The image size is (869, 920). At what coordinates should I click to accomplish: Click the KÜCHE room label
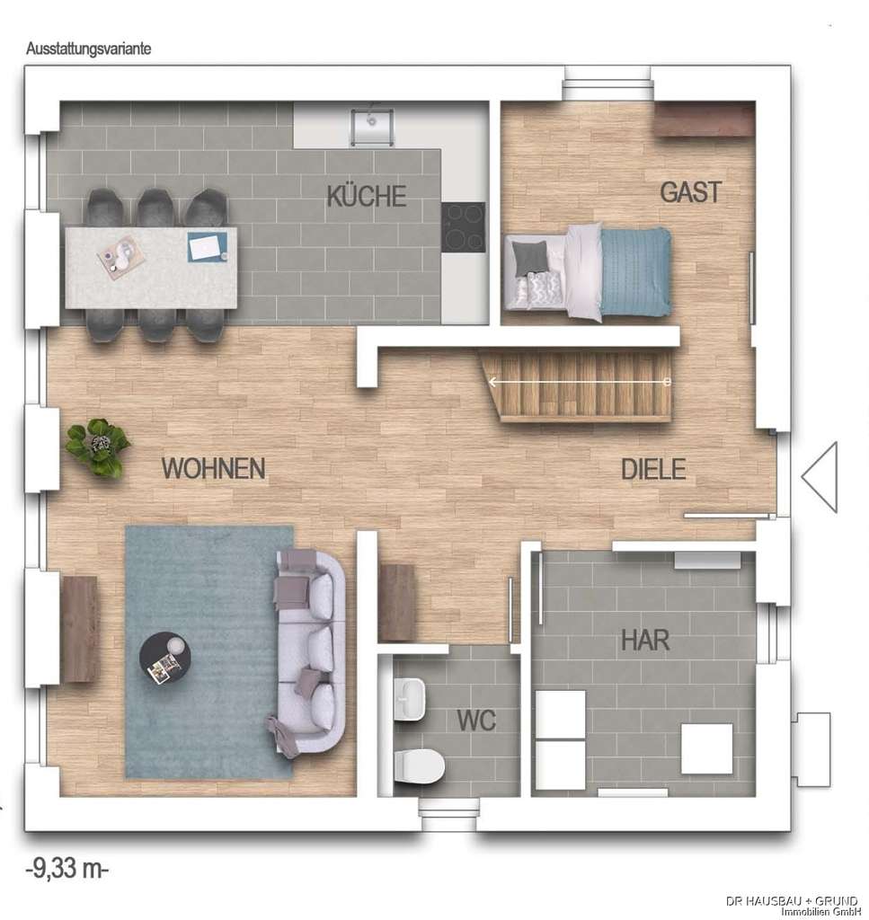[367, 196]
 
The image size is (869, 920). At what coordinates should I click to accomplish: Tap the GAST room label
[690, 192]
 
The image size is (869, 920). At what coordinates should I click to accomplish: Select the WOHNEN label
[213, 468]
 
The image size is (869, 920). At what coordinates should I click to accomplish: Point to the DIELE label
[653, 469]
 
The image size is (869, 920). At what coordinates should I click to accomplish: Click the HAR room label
[645, 641]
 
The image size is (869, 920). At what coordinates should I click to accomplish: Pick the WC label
[475, 720]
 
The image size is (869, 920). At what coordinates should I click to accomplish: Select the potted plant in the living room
[97, 446]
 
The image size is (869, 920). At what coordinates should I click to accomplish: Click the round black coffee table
[167, 659]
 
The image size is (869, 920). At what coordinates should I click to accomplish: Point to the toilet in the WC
[418, 765]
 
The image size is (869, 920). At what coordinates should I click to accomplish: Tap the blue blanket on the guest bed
[635, 272]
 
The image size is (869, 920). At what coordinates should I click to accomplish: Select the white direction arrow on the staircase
[580, 382]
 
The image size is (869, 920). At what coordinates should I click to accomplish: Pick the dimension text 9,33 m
[67, 869]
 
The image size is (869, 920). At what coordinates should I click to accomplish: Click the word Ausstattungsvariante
[88, 49]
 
